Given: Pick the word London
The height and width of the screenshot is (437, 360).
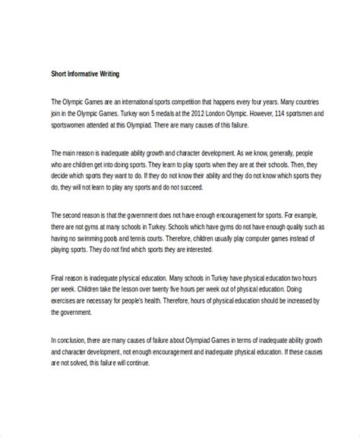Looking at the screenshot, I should point(206,113).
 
